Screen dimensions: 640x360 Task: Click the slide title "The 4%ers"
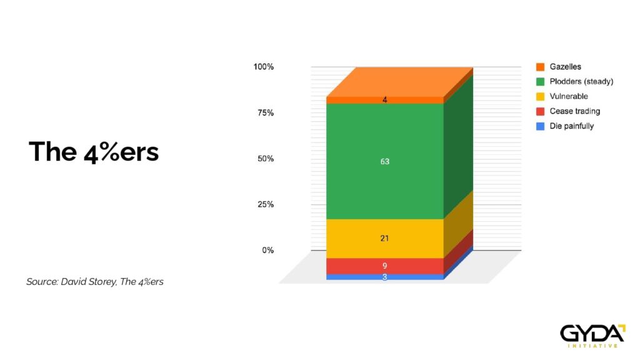[94, 152]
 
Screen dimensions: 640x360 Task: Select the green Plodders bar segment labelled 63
[385, 161]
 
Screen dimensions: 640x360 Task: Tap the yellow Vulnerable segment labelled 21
[385, 238]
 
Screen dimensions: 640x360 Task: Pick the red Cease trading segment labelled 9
[385, 266]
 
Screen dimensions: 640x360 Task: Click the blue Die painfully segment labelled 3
[385, 277]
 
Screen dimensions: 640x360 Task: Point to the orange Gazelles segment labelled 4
[385, 100]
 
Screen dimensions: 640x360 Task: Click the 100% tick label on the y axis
[264, 66]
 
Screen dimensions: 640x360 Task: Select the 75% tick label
[266, 112]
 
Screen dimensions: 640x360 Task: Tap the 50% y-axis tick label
[266, 158]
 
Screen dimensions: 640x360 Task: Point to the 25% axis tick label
[266, 204]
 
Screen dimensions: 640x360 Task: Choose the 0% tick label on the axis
[267, 250]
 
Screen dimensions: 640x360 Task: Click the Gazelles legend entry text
[565, 66]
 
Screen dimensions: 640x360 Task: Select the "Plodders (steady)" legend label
[581, 81]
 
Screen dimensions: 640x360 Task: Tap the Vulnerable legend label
[569, 96]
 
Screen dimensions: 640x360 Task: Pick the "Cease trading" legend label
[575, 111]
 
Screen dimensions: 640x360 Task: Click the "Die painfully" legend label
[571, 126]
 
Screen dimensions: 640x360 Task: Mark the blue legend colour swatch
[541, 126]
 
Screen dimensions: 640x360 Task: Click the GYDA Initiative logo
[592, 336]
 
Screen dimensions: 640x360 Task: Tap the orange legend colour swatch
[541, 66]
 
